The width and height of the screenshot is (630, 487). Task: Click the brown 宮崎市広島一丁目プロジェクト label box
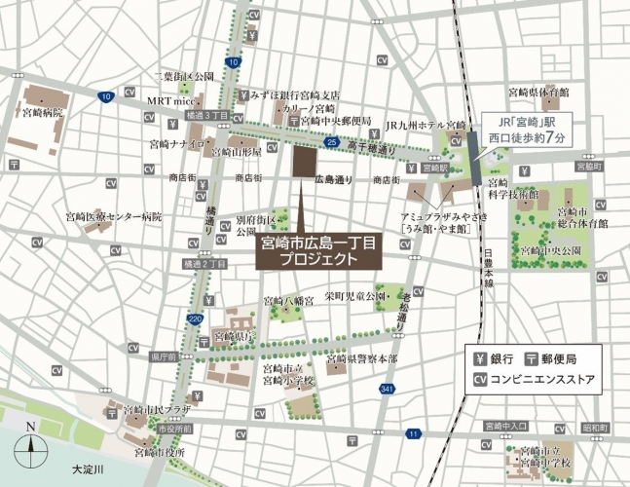(x=319, y=251)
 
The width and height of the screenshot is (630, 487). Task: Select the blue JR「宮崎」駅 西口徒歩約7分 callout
(x=530, y=131)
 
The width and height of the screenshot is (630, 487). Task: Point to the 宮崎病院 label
(x=43, y=113)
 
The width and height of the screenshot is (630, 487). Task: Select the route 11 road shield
(x=415, y=432)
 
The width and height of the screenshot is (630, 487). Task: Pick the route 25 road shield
(x=332, y=143)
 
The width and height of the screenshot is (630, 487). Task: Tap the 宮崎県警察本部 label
(x=361, y=359)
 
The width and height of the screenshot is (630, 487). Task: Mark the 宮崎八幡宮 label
(x=288, y=301)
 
